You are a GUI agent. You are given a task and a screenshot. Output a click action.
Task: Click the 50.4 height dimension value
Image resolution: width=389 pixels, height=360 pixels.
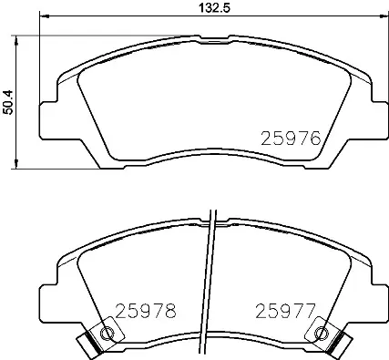tap(8, 99)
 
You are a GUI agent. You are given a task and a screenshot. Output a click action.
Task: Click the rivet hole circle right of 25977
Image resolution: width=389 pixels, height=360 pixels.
tap(320, 334)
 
